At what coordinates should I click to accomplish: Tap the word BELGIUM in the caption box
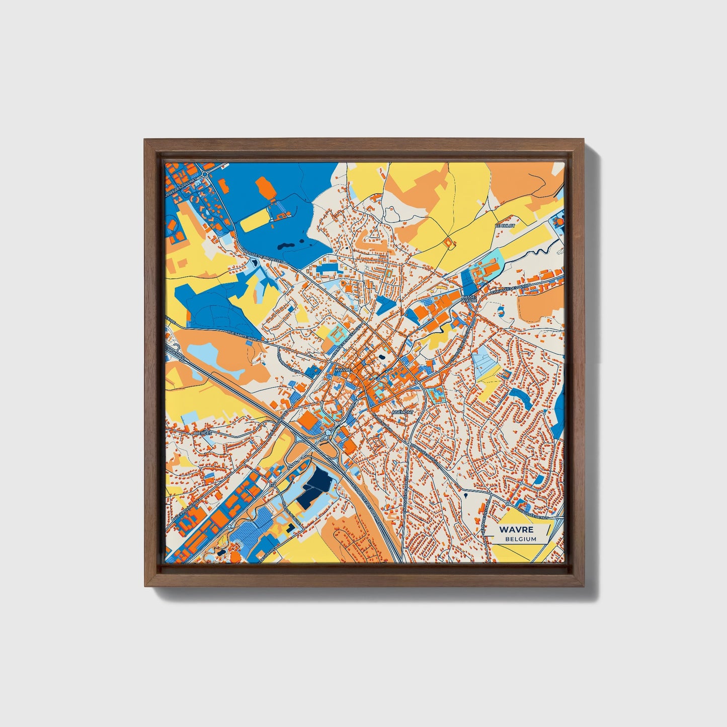click(521, 539)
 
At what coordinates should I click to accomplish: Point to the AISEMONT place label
click(402, 412)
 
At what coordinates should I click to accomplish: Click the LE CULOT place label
click(506, 226)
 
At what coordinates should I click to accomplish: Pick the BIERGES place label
click(203, 432)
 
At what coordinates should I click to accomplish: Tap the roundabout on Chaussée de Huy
click(508, 503)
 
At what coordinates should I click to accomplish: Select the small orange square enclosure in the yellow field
click(449, 243)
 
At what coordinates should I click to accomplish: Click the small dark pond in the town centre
click(382, 358)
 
